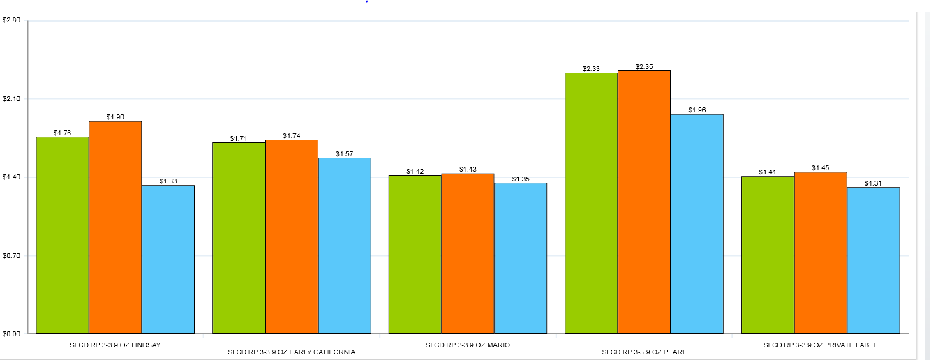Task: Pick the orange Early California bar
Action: pos(292,237)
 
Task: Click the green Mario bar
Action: pos(415,254)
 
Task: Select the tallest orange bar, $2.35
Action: pos(644,202)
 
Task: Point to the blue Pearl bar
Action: pos(697,223)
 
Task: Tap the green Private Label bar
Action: pos(768,255)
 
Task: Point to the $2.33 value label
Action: pos(591,69)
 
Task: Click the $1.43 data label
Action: pos(468,170)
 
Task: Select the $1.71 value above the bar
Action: pos(239,139)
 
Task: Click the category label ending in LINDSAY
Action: pos(115,345)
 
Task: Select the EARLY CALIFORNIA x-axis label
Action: pos(292,352)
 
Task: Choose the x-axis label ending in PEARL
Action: pos(644,352)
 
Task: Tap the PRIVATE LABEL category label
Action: pos(820,345)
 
